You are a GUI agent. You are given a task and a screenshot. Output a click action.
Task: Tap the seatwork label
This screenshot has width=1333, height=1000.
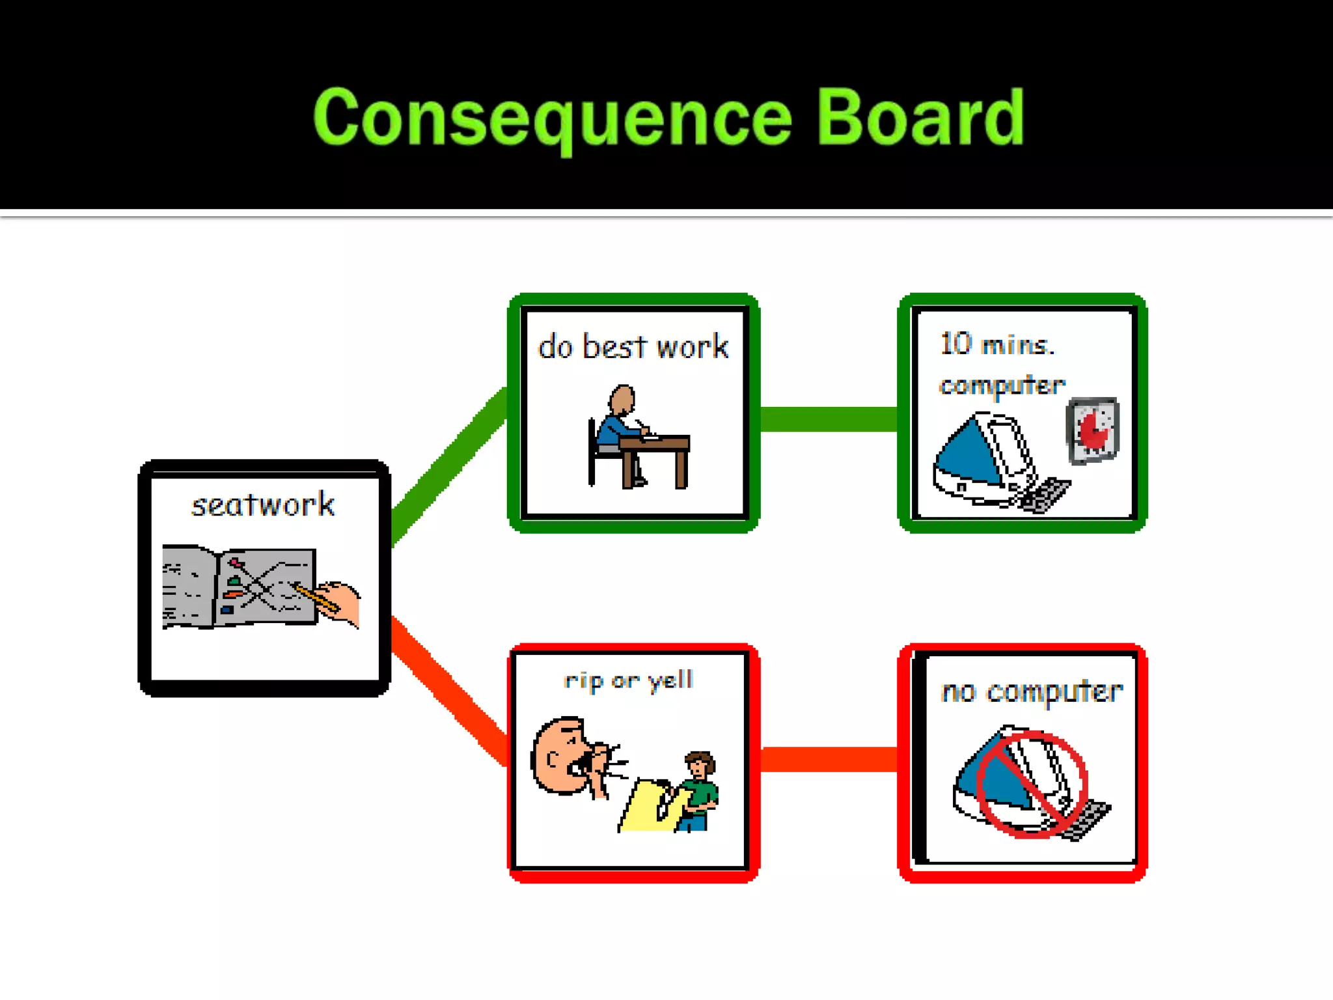click(x=263, y=505)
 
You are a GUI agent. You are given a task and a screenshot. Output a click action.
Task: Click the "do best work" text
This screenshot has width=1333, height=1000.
click(x=633, y=346)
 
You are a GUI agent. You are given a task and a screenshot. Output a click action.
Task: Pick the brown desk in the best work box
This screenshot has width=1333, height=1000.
click(x=655, y=456)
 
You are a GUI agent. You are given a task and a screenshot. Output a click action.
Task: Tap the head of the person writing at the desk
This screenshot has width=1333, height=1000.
click(x=622, y=398)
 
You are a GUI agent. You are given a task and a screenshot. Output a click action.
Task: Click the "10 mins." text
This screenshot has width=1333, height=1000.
click(x=996, y=344)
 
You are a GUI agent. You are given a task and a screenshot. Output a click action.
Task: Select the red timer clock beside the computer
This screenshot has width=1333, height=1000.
click(x=1093, y=430)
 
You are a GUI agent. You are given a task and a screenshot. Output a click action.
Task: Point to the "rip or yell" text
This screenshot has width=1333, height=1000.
click(x=629, y=680)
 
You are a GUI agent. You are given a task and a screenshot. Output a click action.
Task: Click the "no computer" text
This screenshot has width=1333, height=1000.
click(x=1031, y=691)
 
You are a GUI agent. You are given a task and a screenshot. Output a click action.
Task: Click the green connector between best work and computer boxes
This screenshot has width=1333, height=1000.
click(x=828, y=419)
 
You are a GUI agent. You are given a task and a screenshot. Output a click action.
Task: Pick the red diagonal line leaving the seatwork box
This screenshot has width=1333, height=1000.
click(x=449, y=690)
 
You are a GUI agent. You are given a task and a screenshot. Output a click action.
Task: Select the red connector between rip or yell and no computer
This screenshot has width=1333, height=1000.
click(x=828, y=759)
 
